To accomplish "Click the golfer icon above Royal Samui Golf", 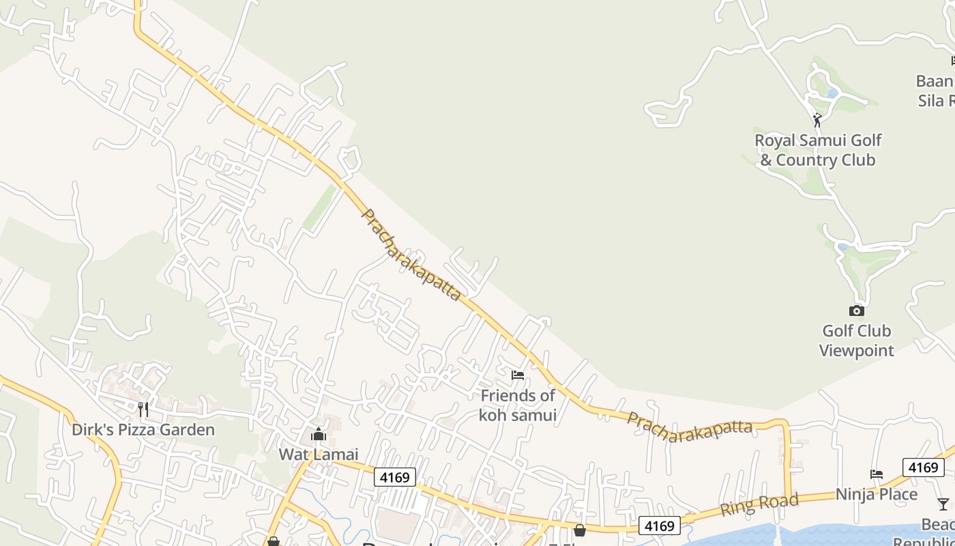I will click(x=817, y=120).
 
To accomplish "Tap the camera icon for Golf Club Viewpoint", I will click(x=857, y=311).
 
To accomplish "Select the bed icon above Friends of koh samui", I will click(x=518, y=375).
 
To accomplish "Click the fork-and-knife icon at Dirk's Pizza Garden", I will click(x=143, y=409).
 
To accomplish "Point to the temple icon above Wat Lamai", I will click(x=318, y=435).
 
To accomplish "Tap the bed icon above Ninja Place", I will click(x=877, y=474).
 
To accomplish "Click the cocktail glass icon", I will click(x=943, y=504).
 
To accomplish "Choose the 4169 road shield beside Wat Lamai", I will click(x=395, y=477).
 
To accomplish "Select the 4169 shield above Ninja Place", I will click(x=923, y=468).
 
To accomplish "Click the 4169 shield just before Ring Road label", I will click(x=660, y=526).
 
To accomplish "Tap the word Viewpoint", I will click(x=857, y=351).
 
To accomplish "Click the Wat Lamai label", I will click(x=318, y=454).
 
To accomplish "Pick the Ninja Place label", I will click(x=877, y=494).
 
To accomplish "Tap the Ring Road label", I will click(x=759, y=505).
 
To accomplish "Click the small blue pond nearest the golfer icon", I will click(x=832, y=93).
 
